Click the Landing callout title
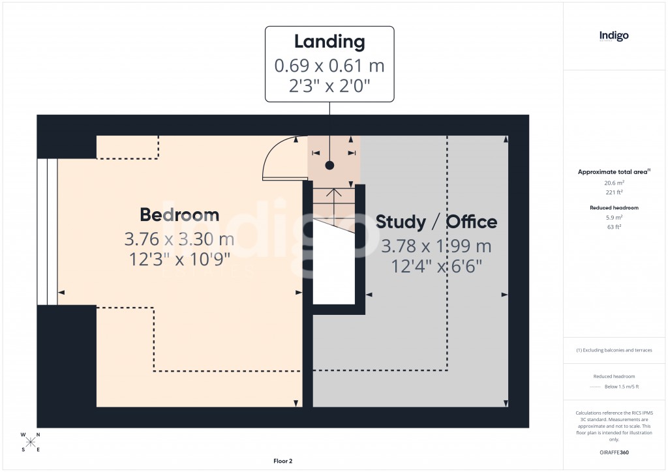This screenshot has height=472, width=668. pos(329,42)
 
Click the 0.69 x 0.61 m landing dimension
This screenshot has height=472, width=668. pos(329,65)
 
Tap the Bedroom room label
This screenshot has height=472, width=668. pos(179,214)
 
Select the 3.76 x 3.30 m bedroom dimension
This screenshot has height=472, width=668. pos(179,239)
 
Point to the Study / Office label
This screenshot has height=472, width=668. pos(436,222)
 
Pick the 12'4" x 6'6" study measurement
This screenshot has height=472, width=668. pos(436,266)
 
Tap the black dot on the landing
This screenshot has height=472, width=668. pos(330,165)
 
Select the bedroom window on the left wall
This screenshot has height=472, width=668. pos(47,231)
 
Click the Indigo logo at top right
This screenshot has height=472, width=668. pos(614,36)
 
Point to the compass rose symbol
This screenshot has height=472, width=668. pos(31,442)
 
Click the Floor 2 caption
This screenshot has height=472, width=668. pos(282,461)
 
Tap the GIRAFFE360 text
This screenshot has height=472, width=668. pos(614,452)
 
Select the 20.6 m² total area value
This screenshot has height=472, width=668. pos(614,183)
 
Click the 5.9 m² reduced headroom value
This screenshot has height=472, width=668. pos(614,218)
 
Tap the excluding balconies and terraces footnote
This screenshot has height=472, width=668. pos(614,350)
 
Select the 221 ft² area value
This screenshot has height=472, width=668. pos(614,192)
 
